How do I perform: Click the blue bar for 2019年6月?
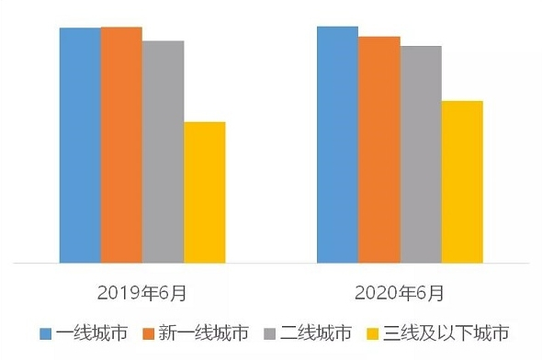click(80, 145)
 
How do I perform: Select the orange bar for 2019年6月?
click(121, 145)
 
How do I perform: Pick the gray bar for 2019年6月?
click(163, 152)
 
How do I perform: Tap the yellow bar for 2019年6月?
click(204, 192)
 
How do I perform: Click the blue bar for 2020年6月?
click(337, 144)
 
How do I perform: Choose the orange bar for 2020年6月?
click(378, 150)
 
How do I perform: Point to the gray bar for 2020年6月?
click(420, 154)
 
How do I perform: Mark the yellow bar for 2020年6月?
click(461, 182)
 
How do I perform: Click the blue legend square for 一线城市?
click(44, 332)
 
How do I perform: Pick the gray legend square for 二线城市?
click(268, 332)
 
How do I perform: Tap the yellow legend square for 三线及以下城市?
click(372, 332)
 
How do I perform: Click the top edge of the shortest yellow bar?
click(204, 122)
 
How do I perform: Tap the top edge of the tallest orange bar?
click(121, 28)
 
